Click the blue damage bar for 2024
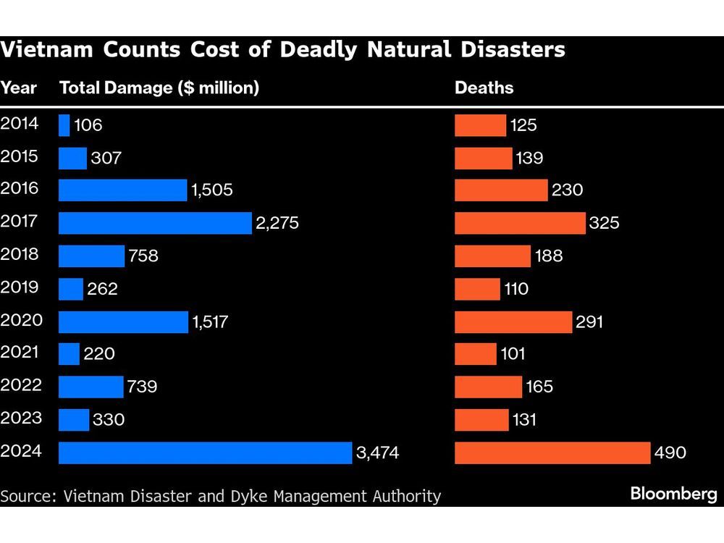pos(205,452)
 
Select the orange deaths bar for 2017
pos(520,223)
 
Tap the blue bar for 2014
pos(64,125)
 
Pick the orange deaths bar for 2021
pos(475,354)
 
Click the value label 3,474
pos(377,453)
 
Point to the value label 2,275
pos(277,223)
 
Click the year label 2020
pos(22,320)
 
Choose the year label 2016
pos(22,189)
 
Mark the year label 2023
pos(22,418)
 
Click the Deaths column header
pos(484,88)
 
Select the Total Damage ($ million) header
pos(159,88)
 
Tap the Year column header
pos(19,88)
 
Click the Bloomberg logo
pos(673,494)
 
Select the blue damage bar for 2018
pos(91,256)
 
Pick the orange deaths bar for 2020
pos(513,321)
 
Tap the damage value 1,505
pos(212,190)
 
